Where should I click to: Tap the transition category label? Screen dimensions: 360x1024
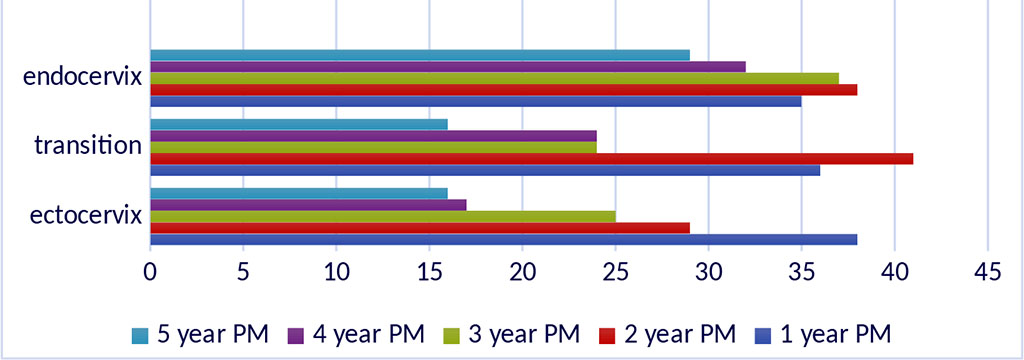87,146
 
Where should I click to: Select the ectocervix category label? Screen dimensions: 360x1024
84,215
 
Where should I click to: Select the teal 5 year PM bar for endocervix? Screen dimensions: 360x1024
419,54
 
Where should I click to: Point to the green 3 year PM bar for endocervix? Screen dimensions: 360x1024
494,78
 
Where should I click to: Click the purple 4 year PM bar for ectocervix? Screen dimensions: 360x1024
308,205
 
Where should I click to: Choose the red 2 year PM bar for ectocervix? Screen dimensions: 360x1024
419,228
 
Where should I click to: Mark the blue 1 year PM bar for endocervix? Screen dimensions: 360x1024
475,101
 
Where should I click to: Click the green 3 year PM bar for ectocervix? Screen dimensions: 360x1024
382,216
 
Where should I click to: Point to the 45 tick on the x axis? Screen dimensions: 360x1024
987,271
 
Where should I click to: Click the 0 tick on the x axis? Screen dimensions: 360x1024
150,271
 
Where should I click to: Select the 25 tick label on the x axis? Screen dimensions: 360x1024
615,271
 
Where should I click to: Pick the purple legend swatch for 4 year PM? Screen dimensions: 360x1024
295,333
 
